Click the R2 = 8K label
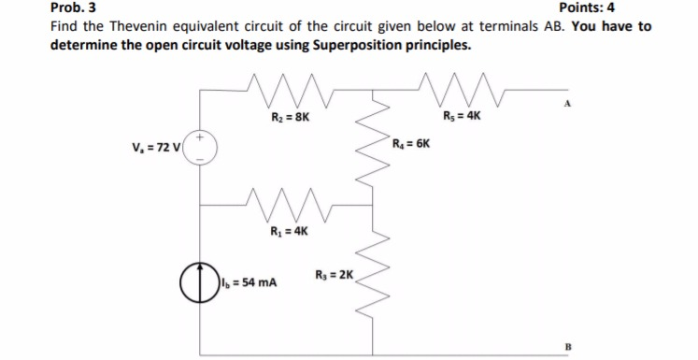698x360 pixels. (x=283, y=119)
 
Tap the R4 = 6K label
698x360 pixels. (x=411, y=146)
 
